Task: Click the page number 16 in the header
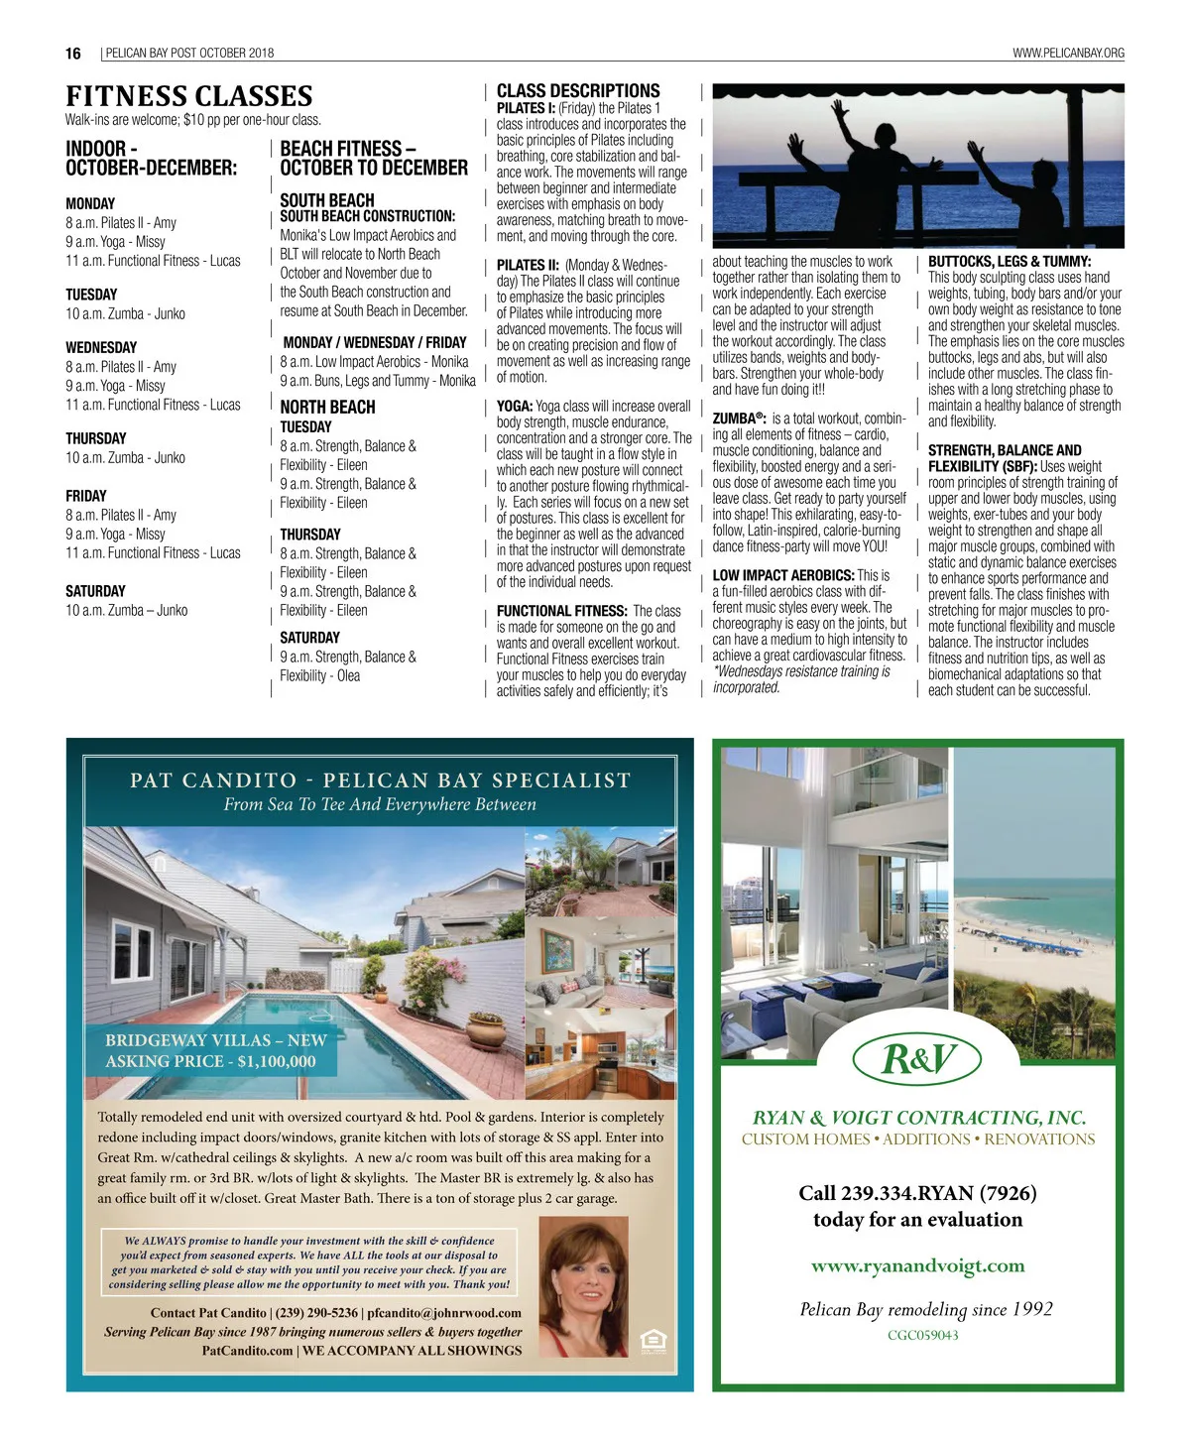(73, 54)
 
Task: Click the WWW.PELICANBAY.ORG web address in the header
(1068, 54)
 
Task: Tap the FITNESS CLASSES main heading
(188, 96)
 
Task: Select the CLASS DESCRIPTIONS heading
(578, 91)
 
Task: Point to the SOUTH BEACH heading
(327, 199)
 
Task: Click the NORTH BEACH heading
(327, 407)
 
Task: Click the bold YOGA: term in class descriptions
(515, 407)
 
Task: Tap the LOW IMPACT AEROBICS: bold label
(782, 575)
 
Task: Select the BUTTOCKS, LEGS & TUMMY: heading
(1009, 262)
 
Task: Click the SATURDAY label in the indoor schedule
(95, 591)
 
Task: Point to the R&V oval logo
(917, 1059)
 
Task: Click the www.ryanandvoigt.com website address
(917, 1265)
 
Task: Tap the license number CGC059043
(922, 1335)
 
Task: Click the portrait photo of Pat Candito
(582, 1286)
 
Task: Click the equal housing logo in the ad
(653, 1340)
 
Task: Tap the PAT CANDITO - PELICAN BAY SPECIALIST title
(380, 780)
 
